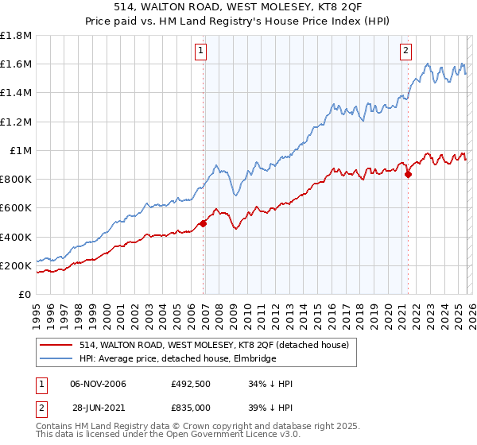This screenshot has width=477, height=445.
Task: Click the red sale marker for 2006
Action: tap(203, 223)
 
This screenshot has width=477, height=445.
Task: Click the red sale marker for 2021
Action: tap(409, 174)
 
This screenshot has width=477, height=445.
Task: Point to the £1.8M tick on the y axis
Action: tap(16, 36)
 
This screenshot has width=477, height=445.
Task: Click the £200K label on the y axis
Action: tap(16, 265)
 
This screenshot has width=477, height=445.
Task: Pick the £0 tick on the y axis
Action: tap(25, 294)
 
